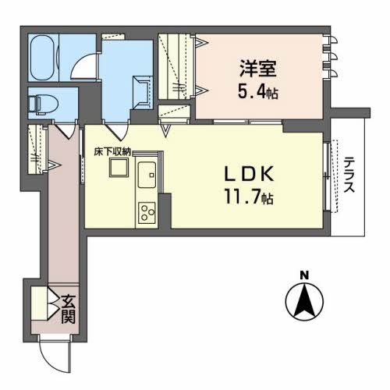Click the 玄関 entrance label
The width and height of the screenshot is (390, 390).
coord(69,308)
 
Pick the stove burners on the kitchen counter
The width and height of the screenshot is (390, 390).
coord(147,211)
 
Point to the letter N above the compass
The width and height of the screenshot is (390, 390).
coord(305,274)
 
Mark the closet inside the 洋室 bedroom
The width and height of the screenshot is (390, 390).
coord(176,66)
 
